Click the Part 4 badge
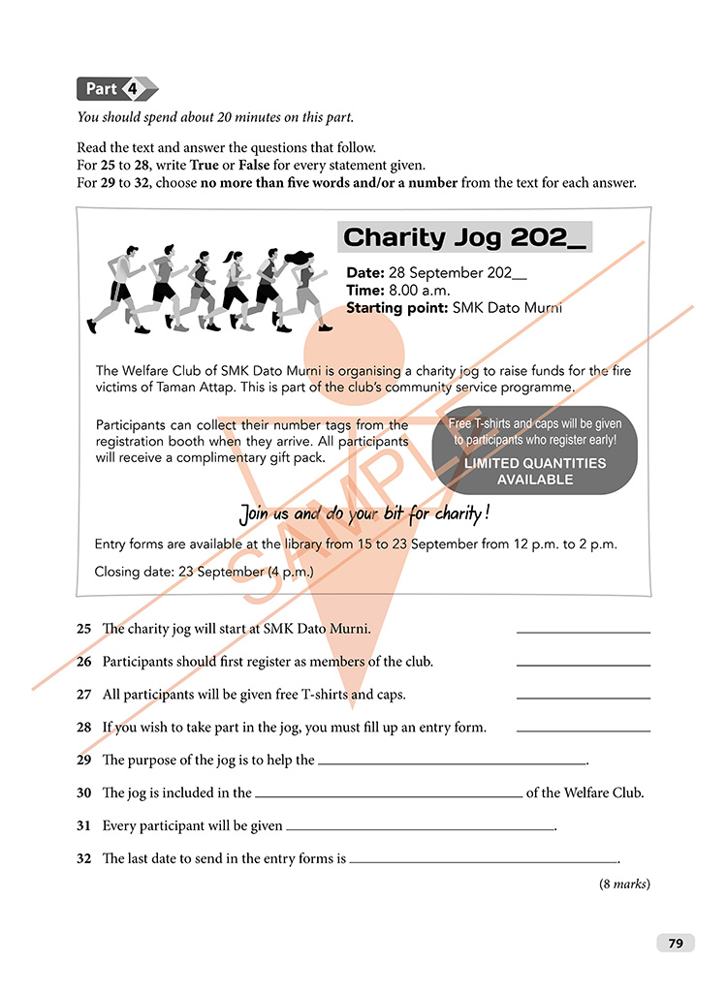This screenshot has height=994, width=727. [x=116, y=89]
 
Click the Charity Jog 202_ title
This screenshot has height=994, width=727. [x=464, y=237]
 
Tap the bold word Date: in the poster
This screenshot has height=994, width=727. [x=365, y=273]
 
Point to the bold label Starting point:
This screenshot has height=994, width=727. [x=397, y=308]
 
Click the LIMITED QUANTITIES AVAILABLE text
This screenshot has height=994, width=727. [x=534, y=472]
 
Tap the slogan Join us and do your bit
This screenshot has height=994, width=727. [x=364, y=513]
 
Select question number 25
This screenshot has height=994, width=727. [x=84, y=629]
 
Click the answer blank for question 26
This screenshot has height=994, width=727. [x=583, y=665]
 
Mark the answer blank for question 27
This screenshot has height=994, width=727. [x=583, y=698]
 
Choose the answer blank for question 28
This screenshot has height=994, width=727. [x=583, y=730]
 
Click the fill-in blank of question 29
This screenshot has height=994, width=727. [x=453, y=763]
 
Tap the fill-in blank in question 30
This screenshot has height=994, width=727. [x=388, y=795]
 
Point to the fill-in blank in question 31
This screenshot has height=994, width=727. [x=420, y=829]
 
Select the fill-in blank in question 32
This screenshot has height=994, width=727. [x=484, y=861]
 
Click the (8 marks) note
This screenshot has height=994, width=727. [x=624, y=884]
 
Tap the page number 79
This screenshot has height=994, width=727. [x=676, y=943]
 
